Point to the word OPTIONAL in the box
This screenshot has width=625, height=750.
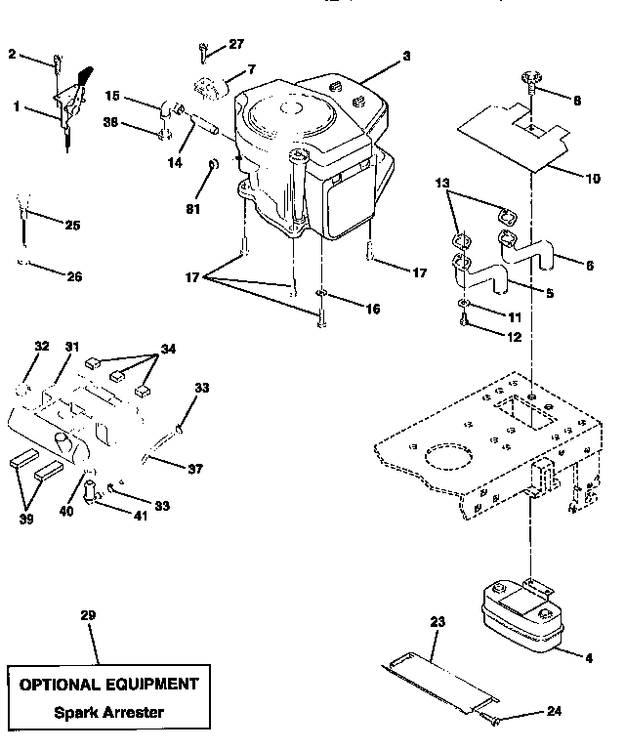(63, 684)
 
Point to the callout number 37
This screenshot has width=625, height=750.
(195, 469)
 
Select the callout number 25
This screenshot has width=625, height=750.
(71, 226)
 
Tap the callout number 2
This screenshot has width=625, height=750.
(12, 54)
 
